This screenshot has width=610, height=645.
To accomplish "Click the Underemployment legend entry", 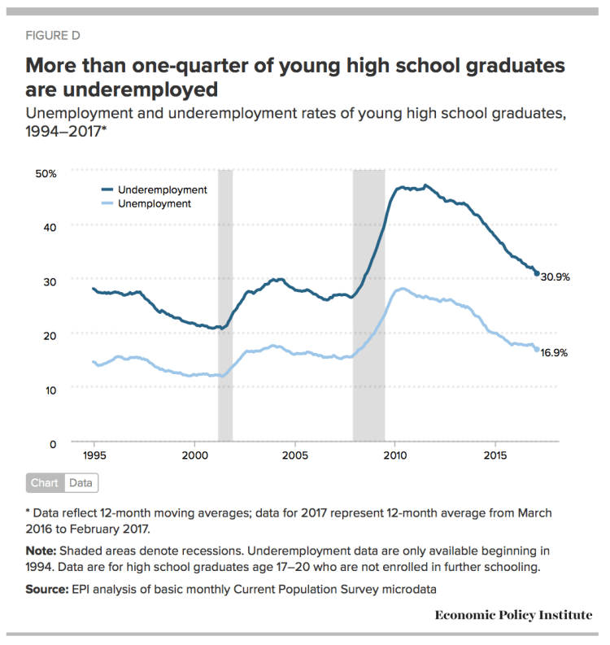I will click(162, 190).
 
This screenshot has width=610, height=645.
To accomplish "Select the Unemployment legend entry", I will click(154, 203).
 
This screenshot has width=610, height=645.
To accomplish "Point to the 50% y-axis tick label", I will click(46, 173).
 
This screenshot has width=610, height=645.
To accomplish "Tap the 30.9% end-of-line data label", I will click(556, 277).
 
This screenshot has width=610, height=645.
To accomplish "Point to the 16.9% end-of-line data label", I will click(556, 353).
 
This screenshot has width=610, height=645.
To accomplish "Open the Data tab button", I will click(81, 483).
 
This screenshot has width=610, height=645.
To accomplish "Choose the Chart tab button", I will click(44, 483).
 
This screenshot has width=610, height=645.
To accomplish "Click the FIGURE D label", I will click(53, 36).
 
